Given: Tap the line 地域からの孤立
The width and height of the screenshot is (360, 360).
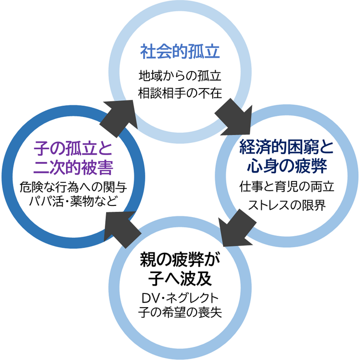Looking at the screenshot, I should (x=180, y=76).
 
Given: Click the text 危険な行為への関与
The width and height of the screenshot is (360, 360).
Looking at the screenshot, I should (x=73, y=186).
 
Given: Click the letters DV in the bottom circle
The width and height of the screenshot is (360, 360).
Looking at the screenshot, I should (x=148, y=298).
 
